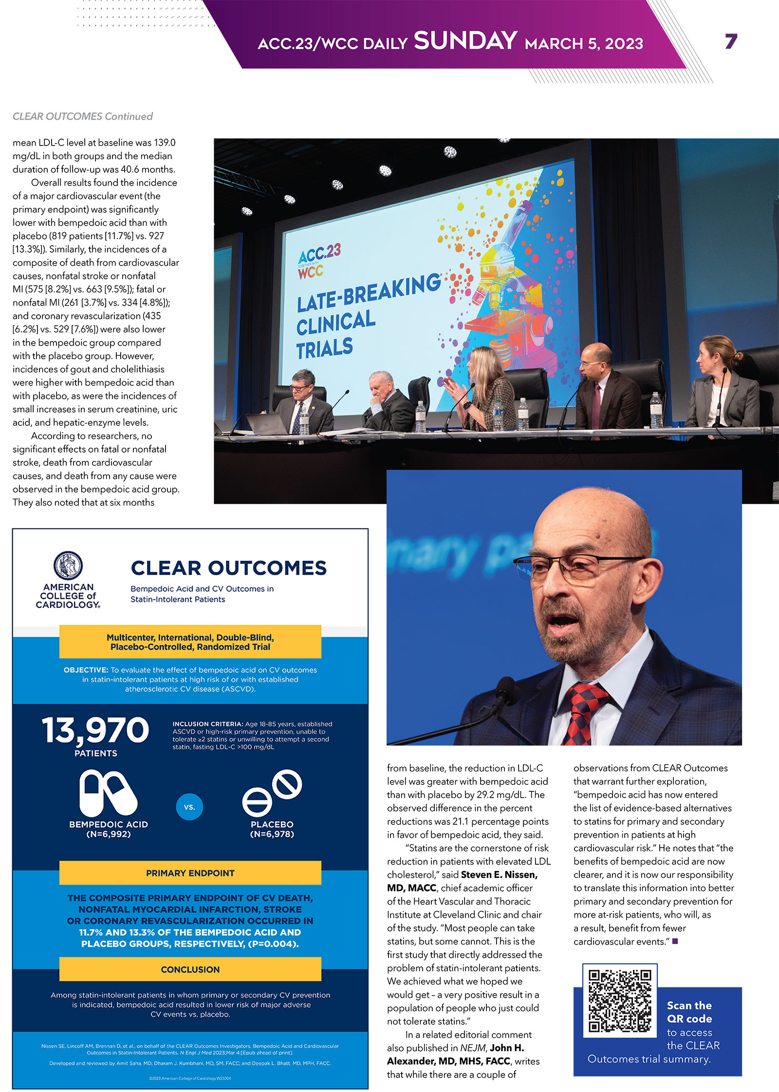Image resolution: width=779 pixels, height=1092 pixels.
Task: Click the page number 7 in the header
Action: (731, 42)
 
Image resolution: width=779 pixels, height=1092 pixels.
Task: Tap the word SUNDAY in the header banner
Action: (465, 41)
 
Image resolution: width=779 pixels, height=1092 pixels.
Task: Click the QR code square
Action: (620, 1001)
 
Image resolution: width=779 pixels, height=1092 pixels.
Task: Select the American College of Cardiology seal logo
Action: (68, 565)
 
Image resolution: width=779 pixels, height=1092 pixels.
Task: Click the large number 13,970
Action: (95, 730)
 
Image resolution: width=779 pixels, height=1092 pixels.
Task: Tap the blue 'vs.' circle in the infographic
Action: (189, 807)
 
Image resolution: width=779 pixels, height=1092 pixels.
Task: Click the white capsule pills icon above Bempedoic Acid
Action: (108, 793)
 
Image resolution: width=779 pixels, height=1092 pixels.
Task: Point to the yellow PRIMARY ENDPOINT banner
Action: (190, 873)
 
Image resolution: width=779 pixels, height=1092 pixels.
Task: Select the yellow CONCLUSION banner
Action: (190, 969)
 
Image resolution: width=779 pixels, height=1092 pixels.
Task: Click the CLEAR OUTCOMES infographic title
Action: (229, 568)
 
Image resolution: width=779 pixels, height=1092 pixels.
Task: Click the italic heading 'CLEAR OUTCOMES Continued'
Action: (83, 116)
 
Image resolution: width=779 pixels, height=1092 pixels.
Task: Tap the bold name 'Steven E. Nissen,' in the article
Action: (499, 874)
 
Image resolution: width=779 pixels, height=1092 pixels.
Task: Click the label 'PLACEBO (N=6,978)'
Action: (272, 829)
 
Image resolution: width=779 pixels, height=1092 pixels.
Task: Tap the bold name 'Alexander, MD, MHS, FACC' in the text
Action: (448, 1061)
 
